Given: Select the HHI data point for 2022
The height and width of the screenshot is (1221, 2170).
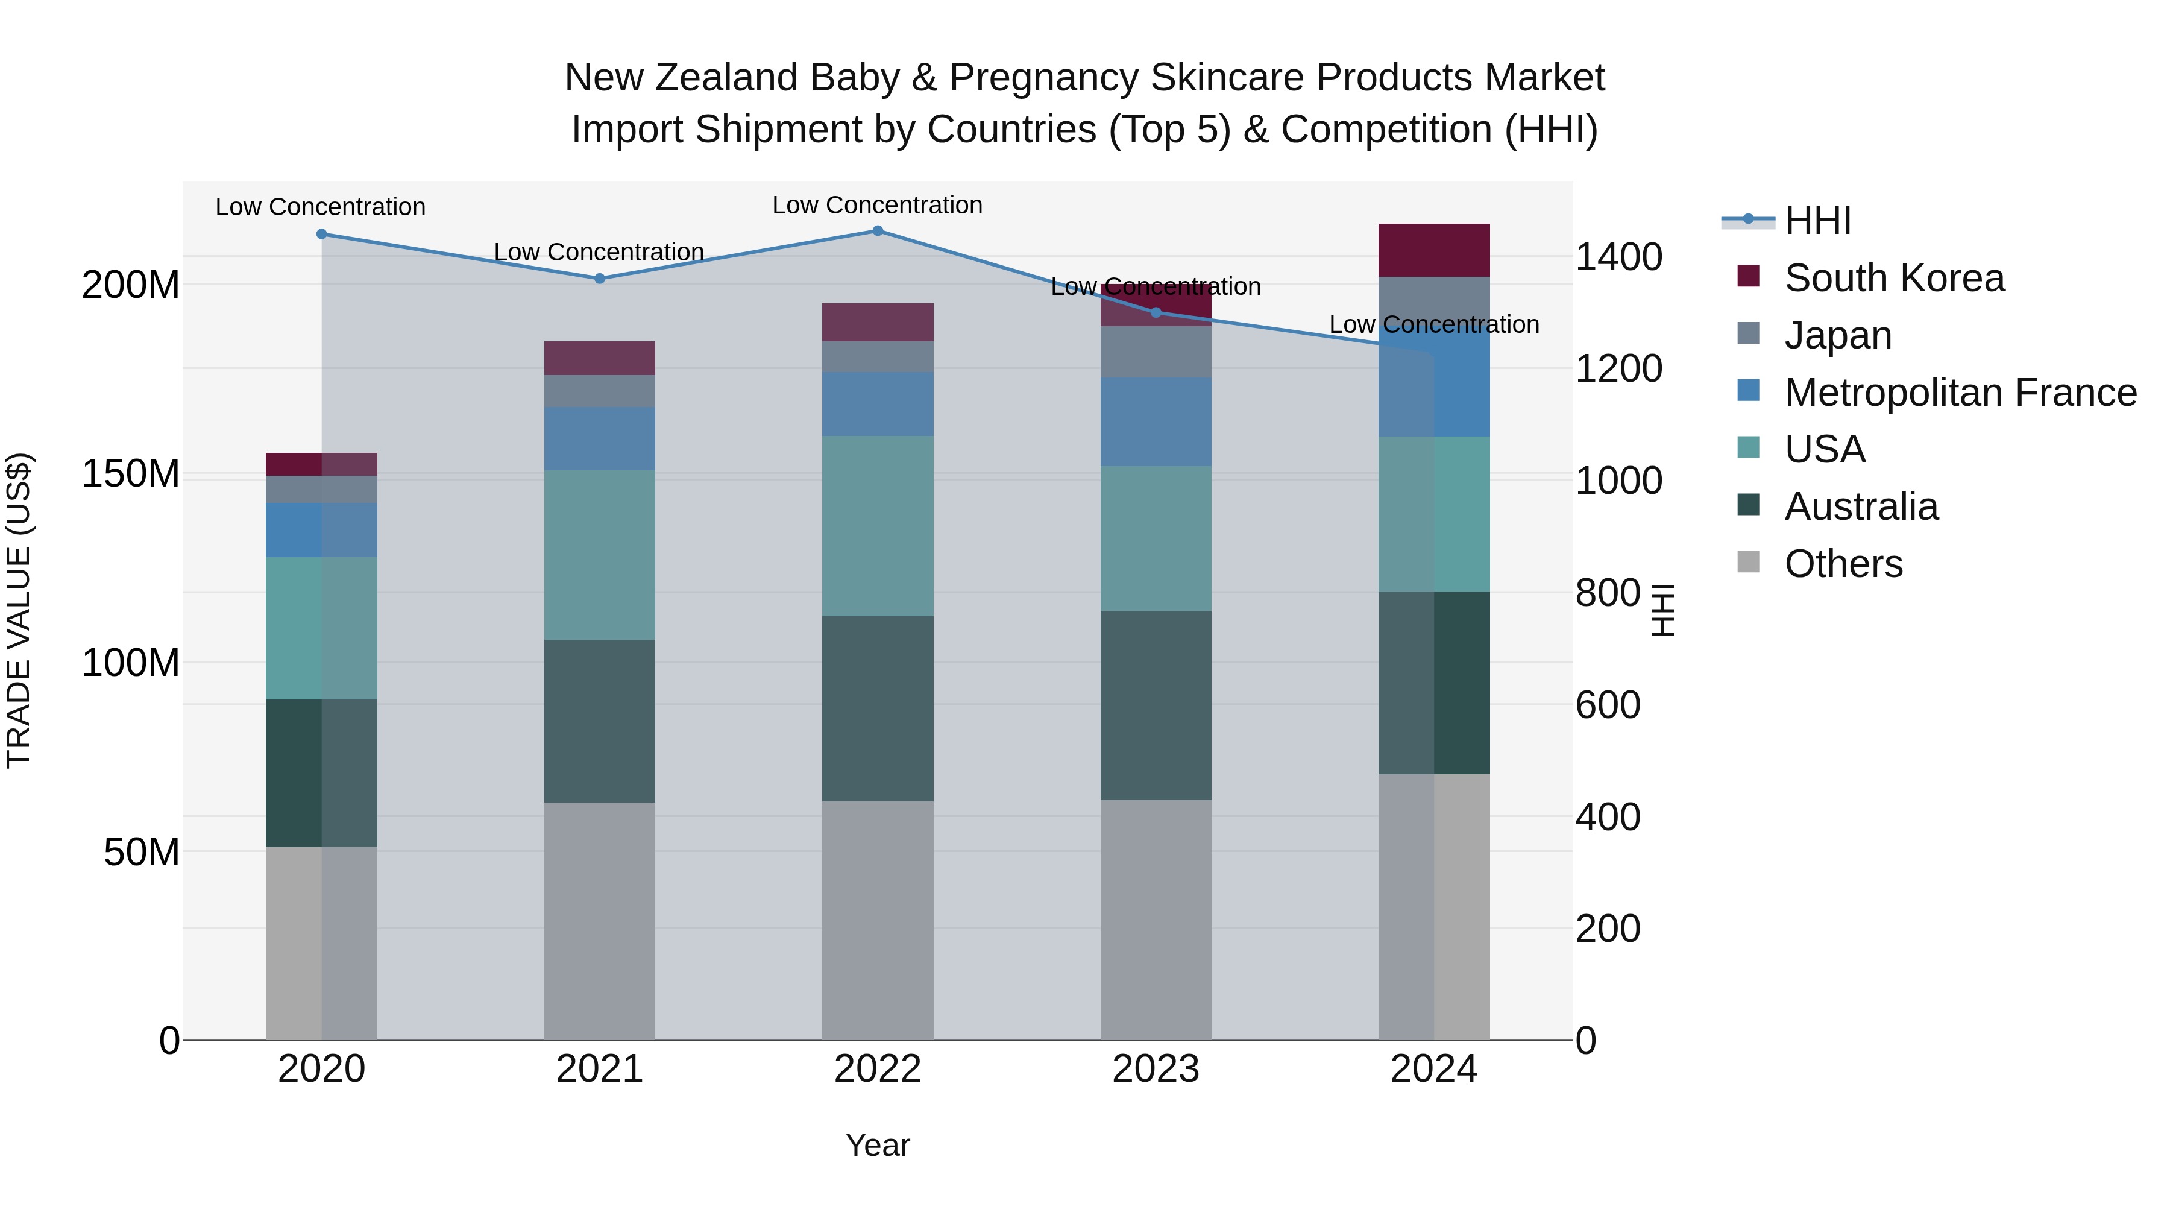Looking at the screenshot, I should [877, 231].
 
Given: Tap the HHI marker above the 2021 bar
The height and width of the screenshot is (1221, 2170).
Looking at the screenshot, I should [599, 278].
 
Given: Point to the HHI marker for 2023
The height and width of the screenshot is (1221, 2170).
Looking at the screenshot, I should [1156, 312].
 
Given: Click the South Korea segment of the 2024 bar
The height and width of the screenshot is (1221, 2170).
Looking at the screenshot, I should [1434, 250].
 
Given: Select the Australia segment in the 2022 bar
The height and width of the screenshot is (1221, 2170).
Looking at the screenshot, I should [877, 708].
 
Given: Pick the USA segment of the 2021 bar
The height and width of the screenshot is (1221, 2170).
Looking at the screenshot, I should [599, 555].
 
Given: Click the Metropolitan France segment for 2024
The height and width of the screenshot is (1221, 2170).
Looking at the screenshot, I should [1462, 396].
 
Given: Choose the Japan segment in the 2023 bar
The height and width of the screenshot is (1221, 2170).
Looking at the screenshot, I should [1156, 352].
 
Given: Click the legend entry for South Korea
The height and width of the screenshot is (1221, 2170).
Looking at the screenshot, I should [1894, 278].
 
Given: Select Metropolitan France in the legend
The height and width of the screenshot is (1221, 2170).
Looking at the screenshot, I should [1960, 393].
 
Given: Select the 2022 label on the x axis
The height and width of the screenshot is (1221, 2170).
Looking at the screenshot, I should [877, 1069].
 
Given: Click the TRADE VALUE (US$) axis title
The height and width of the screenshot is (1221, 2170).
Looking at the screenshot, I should [19, 610].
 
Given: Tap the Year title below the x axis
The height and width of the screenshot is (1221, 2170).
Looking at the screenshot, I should [877, 1145].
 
